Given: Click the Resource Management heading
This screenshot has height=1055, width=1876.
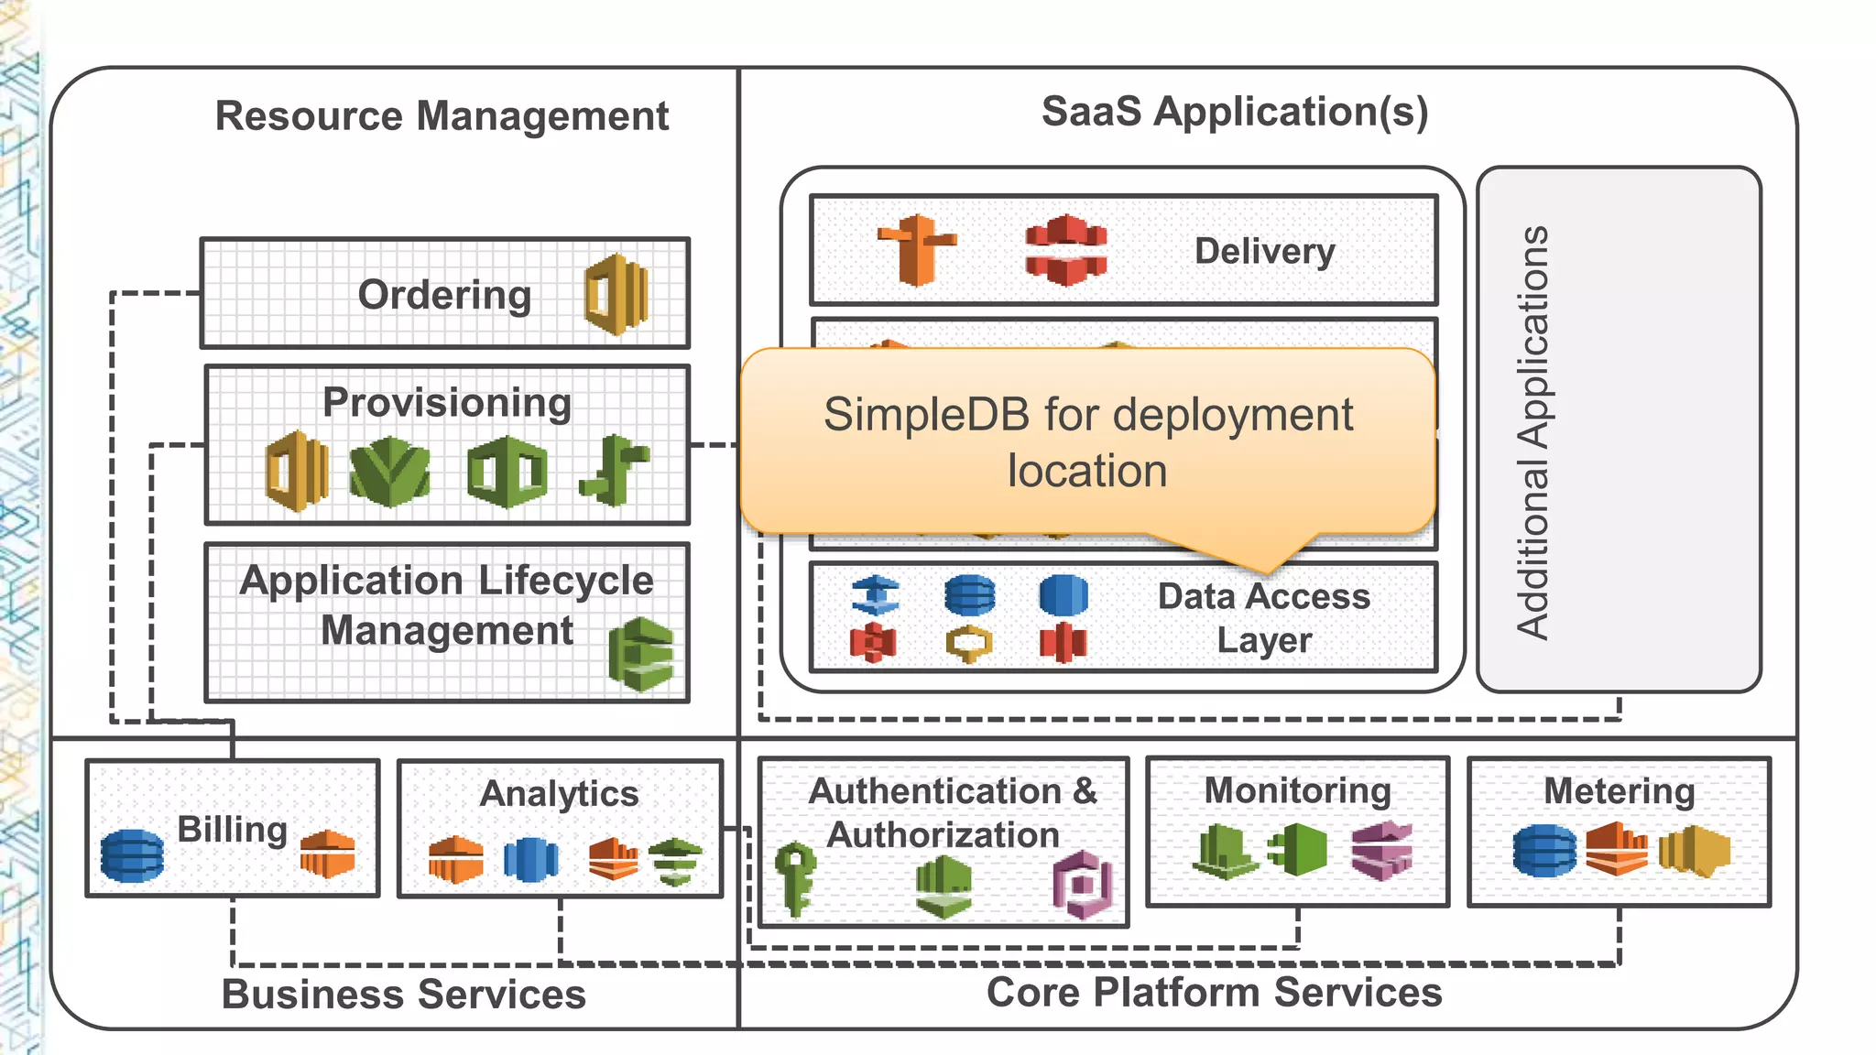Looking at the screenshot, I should (x=442, y=116).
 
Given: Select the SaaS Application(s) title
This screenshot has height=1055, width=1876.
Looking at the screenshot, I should (x=1234, y=112).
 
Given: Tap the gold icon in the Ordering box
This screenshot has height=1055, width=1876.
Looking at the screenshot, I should (x=616, y=295).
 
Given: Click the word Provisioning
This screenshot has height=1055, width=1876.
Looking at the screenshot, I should (x=447, y=402).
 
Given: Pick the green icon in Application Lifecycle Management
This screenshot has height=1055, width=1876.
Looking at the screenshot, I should (x=641, y=654).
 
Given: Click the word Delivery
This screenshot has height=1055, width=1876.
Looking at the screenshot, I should (x=1264, y=251).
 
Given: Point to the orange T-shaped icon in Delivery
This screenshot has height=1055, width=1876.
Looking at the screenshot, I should (x=917, y=250).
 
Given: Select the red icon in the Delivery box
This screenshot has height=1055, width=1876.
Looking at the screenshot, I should (x=1065, y=250).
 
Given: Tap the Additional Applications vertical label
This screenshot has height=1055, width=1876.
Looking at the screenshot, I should (x=1532, y=431).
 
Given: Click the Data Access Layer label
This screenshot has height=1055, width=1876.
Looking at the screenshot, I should (x=1264, y=618).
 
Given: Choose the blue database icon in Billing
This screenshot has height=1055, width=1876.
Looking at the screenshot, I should (x=133, y=855).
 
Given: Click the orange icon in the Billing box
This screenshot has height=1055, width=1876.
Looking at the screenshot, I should (x=327, y=854).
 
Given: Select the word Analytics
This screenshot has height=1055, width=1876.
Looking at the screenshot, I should (x=559, y=793).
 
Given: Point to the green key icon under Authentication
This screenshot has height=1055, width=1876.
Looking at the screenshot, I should (x=794, y=878).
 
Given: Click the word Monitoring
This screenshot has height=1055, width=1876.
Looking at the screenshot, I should (x=1297, y=790).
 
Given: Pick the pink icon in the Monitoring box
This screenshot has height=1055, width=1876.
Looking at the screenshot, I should (x=1381, y=851).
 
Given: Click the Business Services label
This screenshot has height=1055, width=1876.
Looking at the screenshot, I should (x=404, y=994).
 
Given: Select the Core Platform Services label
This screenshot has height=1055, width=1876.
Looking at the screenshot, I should (x=1214, y=992).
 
